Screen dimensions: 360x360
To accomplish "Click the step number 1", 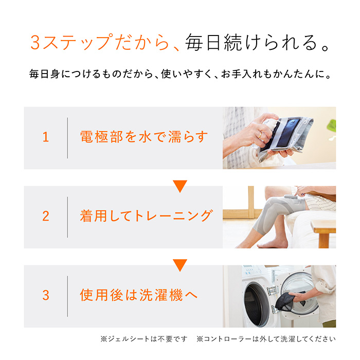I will click(x=46, y=137).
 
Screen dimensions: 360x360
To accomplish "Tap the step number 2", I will click(x=46, y=217).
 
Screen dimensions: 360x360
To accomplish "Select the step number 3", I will click(x=46, y=296).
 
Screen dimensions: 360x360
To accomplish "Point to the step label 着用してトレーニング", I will click(x=146, y=217).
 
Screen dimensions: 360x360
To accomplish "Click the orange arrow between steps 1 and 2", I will click(x=179, y=186).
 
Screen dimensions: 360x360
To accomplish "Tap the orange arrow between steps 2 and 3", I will click(x=179, y=265).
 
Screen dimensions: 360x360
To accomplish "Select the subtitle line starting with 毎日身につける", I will click(x=179, y=75).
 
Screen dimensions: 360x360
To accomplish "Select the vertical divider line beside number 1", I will click(x=67, y=138).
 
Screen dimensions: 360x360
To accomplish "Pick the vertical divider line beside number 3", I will click(x=67, y=296).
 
